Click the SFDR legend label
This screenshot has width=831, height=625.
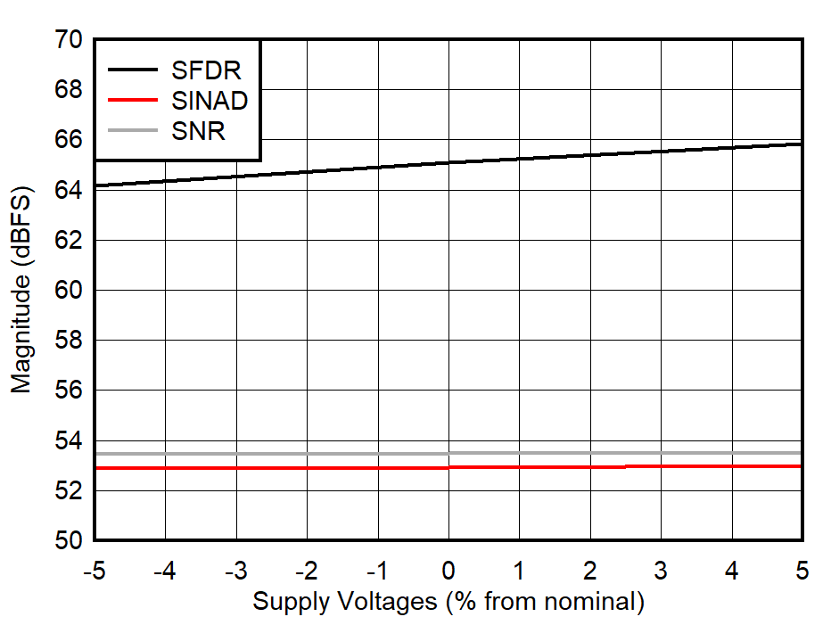(206, 70)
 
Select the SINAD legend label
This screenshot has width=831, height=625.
(210, 101)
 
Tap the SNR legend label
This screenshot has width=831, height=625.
(198, 132)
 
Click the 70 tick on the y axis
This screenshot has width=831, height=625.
(70, 41)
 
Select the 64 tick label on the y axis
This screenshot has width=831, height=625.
(70, 191)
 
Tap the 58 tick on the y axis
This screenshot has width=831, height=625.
(70, 341)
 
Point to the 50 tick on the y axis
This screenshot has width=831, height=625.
(70, 540)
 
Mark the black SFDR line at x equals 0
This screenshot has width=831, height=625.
(448, 162)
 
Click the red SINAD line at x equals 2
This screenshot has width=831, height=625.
(590, 466)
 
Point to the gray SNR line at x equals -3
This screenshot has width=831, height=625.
(235, 453)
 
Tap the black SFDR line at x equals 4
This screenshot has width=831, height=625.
(732, 147)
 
